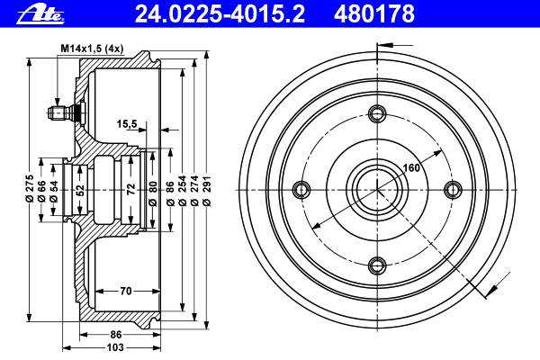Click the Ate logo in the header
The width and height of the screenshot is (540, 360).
40,14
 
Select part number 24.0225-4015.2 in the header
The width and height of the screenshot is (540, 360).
220,13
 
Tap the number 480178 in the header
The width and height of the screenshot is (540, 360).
374,13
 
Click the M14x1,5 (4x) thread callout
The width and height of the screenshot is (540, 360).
92,49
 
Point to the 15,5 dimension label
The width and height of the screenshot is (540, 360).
126,123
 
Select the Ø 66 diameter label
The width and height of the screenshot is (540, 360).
41,191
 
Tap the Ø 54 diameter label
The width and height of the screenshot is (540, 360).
53,191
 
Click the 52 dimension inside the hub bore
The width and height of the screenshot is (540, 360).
79,189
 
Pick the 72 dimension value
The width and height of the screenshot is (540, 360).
130,189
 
